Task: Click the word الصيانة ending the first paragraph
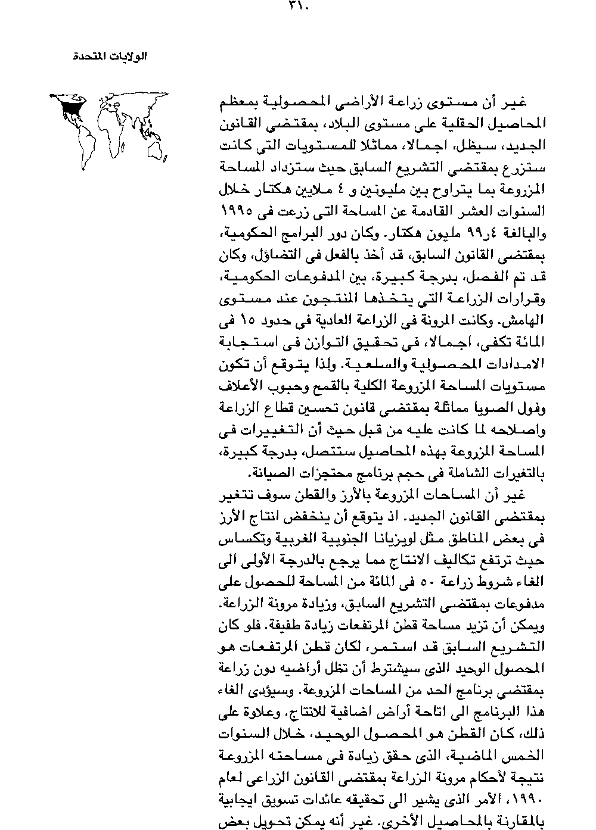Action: click(x=269, y=473)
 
